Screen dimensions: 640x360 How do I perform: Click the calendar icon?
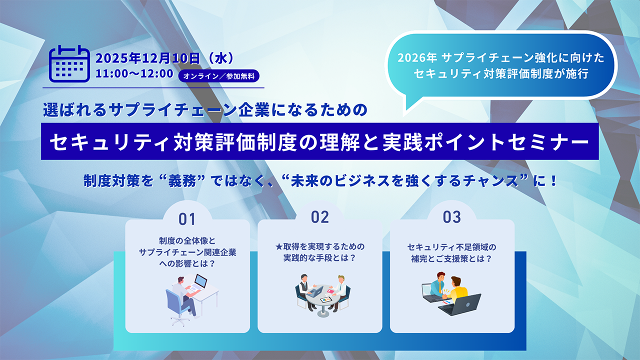point(69,63)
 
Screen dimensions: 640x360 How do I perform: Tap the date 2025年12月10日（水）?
point(165,58)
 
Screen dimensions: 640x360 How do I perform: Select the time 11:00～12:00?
point(134,73)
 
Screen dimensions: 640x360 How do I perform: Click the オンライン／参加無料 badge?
point(219,76)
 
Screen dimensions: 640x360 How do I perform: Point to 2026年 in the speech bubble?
point(417,58)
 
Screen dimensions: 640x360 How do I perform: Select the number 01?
point(187,219)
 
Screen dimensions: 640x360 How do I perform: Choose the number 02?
point(320,217)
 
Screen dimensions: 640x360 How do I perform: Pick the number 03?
point(452,217)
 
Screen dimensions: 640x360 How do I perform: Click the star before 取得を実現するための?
point(279,246)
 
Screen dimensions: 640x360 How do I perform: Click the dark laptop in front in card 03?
point(459,304)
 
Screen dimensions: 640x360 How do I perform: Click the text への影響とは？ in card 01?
point(187,263)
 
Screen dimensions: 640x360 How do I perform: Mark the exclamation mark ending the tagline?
point(553,181)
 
